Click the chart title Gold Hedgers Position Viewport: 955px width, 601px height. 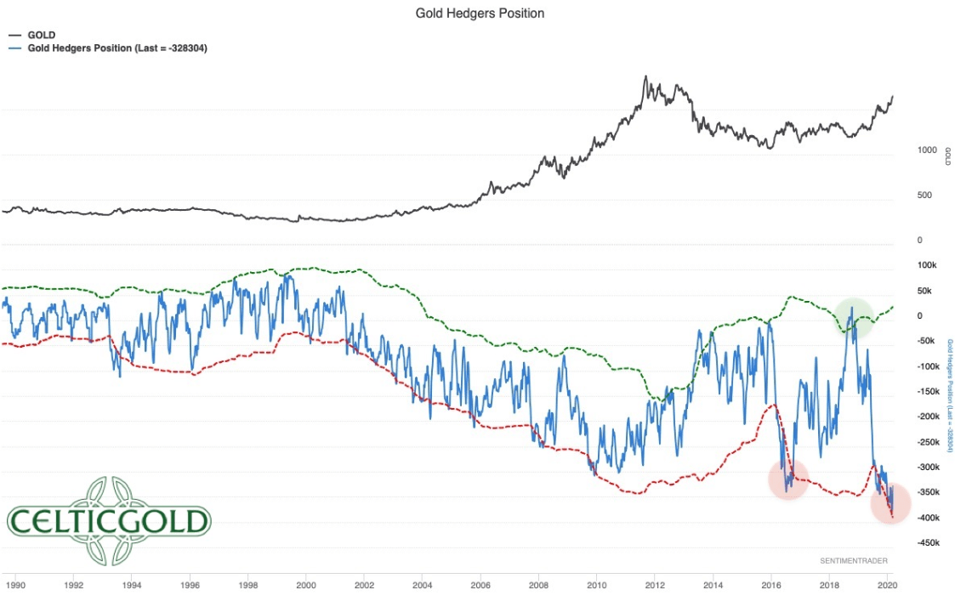480,14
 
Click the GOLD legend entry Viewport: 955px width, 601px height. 41,35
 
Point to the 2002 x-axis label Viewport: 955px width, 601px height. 364,585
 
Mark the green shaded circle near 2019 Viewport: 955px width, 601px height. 853,317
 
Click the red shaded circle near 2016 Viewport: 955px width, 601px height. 788,479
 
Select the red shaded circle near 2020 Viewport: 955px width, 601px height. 890,504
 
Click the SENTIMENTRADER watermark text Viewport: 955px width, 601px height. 855,561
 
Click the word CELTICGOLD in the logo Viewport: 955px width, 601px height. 108,521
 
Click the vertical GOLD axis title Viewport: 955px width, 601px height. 947,156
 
